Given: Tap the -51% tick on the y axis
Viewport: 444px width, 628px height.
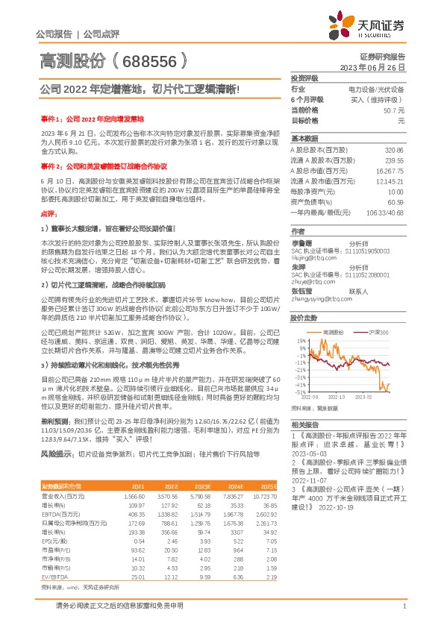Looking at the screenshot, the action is point(300,391).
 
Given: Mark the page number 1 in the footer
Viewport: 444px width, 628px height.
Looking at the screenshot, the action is point(404,606).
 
